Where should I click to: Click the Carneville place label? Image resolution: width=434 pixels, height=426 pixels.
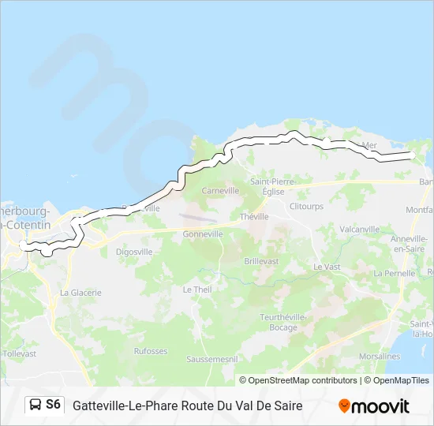tap(220, 191)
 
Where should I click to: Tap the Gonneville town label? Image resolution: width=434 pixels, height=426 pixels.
tap(204, 234)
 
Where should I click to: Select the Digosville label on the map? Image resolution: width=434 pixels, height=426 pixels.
tap(134, 252)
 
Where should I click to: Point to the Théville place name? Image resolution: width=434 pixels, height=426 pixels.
tap(254, 216)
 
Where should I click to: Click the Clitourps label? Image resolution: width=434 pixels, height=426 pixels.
tap(306, 206)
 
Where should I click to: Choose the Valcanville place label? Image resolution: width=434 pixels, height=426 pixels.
tap(359, 229)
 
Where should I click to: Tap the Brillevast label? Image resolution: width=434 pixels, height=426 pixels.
tap(261, 260)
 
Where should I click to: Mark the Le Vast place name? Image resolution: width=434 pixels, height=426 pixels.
tap(326, 267)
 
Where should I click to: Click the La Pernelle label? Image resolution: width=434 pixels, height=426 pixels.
tap(394, 273)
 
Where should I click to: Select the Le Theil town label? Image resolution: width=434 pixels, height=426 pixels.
tap(197, 290)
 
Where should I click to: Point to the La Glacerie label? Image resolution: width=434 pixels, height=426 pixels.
tap(81, 293)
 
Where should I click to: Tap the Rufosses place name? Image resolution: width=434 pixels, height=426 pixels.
tap(151, 351)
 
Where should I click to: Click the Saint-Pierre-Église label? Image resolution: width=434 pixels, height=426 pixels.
tap(272, 185)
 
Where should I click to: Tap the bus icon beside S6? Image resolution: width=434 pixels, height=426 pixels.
tap(36, 405)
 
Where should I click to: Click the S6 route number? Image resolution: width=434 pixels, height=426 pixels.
tap(53, 405)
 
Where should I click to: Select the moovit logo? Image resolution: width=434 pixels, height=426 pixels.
tap(374, 406)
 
